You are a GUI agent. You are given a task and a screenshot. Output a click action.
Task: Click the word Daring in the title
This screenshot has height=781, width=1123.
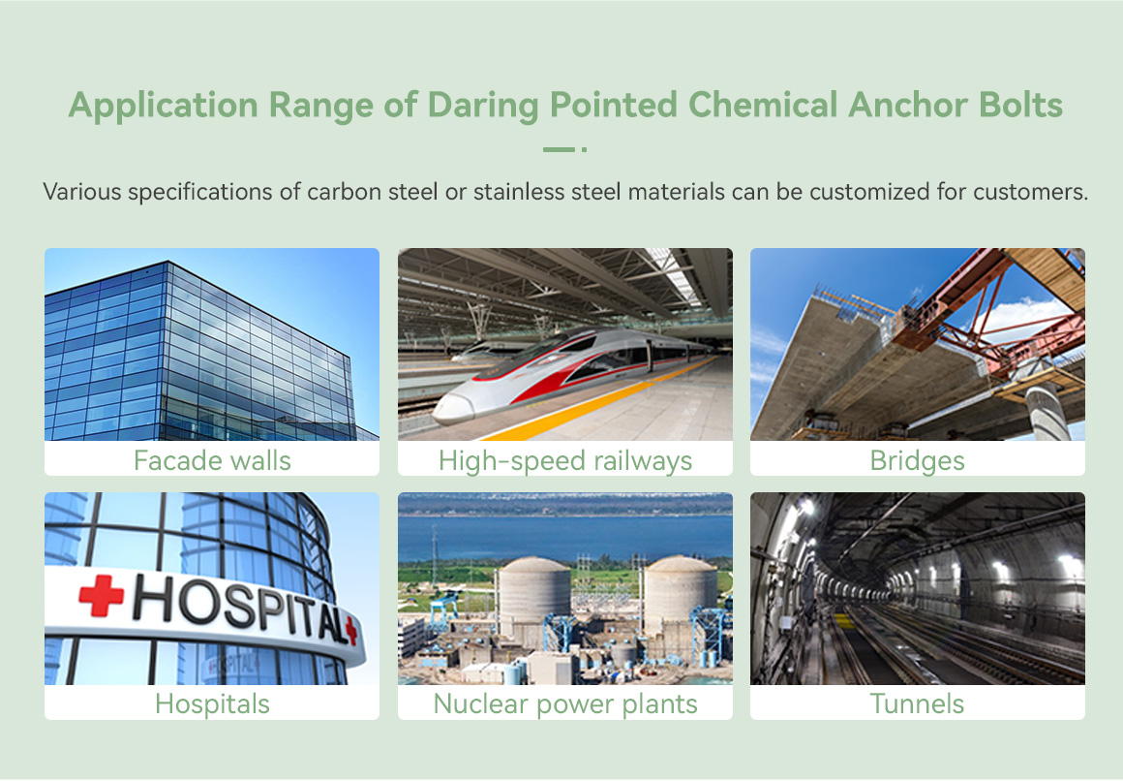(x=483, y=107)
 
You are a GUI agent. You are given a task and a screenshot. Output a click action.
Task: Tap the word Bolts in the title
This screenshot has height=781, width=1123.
(x=1020, y=105)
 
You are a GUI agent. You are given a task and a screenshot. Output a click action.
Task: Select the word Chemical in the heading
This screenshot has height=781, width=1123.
(x=763, y=105)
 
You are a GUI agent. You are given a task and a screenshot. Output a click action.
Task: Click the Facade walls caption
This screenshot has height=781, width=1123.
(x=212, y=460)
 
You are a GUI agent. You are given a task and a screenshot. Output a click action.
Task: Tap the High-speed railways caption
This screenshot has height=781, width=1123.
(x=565, y=461)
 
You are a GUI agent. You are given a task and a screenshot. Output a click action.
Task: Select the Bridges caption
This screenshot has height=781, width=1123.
(x=918, y=461)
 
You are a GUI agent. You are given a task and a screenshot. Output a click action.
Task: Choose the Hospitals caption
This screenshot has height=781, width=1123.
(x=212, y=704)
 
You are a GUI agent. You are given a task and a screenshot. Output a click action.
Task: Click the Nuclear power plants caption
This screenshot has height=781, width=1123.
(x=565, y=704)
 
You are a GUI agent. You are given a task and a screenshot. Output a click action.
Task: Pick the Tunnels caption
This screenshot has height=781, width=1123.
(x=918, y=703)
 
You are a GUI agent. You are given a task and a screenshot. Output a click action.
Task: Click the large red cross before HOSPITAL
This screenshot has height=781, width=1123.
(x=101, y=595)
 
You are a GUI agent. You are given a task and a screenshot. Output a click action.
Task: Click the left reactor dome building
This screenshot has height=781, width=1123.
(x=534, y=594)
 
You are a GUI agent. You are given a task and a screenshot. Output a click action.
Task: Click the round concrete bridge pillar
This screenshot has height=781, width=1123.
(x=1047, y=412)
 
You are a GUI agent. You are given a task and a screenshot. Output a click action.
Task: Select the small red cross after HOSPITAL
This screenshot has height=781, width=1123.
(x=350, y=630)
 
